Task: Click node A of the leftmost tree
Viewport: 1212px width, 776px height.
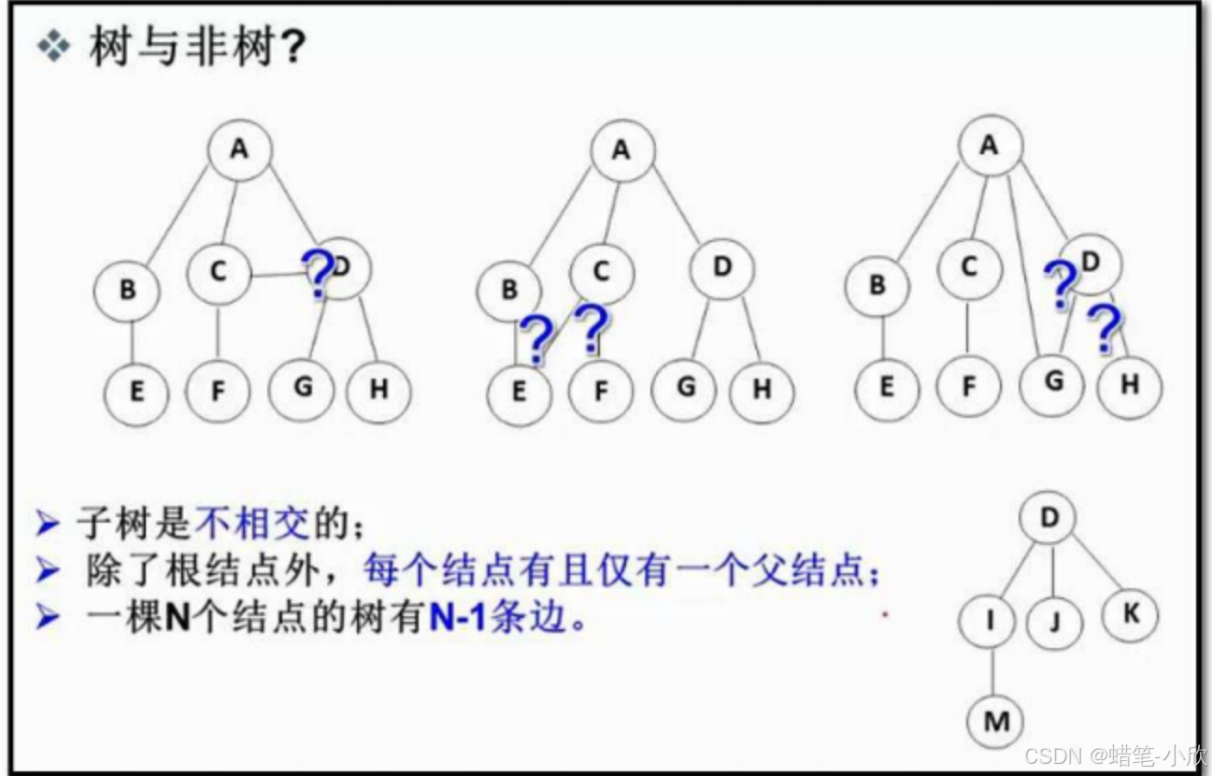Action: [240, 150]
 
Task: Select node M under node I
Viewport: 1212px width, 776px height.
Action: [995, 722]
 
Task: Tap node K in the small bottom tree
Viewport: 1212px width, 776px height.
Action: [1131, 615]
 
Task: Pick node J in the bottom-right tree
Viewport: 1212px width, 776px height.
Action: [1055, 622]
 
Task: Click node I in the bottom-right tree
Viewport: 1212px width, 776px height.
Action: [987, 621]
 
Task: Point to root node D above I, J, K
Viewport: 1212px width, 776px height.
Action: [1048, 518]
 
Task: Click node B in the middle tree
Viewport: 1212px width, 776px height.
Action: [508, 292]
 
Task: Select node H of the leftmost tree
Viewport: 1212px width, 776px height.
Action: [378, 391]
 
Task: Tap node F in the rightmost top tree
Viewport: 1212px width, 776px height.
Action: [969, 386]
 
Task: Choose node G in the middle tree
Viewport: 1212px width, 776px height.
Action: [684, 389]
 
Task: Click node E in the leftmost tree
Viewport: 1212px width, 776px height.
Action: [136, 393]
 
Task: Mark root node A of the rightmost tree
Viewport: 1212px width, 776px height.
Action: [991, 145]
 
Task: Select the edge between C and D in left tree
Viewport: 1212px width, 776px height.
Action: [278, 275]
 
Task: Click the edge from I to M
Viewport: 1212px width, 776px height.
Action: [992, 671]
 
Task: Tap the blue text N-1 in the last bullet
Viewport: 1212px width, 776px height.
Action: [458, 618]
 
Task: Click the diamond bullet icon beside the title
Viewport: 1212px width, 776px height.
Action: [53, 46]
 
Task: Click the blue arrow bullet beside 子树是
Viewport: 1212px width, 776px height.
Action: [48, 524]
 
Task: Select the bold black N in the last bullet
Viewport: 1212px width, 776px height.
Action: [177, 618]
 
